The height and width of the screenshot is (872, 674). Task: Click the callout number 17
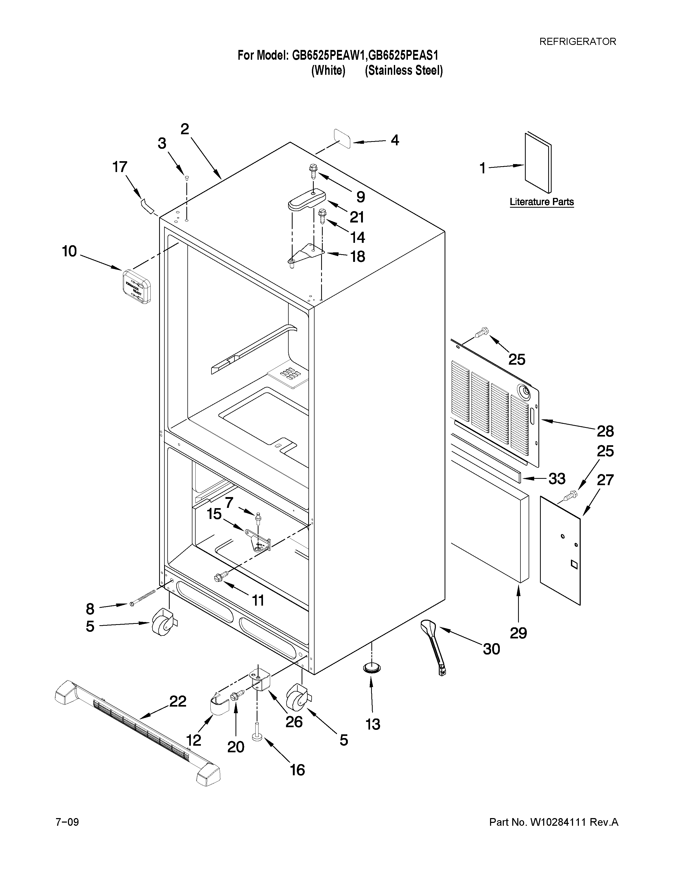click(119, 167)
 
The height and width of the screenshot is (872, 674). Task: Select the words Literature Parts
click(541, 202)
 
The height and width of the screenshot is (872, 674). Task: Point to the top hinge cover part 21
click(307, 200)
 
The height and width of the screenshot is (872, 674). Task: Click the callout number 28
click(605, 431)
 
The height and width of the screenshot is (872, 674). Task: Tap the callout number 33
click(557, 478)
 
